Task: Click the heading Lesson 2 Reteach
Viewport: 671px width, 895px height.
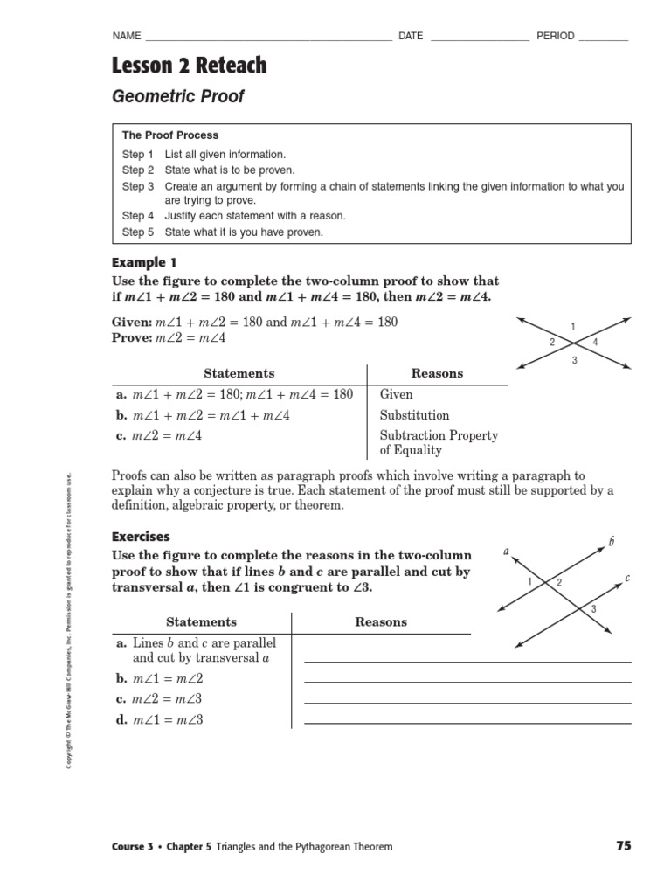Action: [190, 66]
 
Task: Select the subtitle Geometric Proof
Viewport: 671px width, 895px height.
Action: [178, 96]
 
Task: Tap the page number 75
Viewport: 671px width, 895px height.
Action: [622, 845]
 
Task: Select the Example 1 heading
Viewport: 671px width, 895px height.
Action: [144, 262]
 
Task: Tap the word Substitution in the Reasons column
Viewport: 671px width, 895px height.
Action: [414, 415]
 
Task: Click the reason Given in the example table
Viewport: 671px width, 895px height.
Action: [396, 394]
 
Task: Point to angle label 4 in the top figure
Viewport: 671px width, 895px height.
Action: [595, 342]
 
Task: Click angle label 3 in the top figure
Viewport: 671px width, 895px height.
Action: [574, 360]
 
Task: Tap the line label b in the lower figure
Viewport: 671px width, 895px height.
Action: [611, 543]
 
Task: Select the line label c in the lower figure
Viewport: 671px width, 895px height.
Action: [627, 578]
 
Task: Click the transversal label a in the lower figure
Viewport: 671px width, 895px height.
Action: [506, 551]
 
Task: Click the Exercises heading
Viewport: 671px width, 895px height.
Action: [141, 537]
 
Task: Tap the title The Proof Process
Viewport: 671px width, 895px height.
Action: [170, 135]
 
